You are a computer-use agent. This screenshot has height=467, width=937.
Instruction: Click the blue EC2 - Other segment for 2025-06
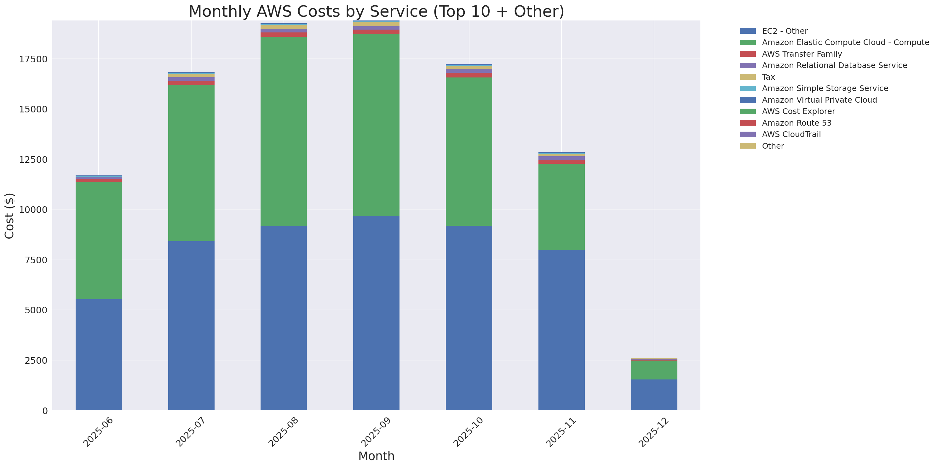(99, 354)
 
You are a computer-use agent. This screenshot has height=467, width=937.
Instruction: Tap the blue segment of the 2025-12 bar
(654, 395)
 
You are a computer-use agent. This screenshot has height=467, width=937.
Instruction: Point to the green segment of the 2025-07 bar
(191, 163)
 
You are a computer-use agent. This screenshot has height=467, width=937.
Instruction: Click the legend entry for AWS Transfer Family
(802, 54)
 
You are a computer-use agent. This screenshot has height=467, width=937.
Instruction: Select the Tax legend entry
(768, 77)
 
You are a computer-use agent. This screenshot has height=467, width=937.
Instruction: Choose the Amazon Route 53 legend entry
(796, 123)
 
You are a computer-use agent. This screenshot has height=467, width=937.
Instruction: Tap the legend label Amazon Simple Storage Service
(825, 88)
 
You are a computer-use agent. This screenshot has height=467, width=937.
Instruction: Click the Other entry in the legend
(773, 146)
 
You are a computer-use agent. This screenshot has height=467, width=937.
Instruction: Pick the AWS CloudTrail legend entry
(791, 134)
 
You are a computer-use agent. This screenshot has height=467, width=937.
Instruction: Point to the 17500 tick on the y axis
(33, 59)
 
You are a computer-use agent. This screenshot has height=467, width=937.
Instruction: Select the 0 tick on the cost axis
(45, 411)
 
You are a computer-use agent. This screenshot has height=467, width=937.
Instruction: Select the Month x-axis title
(376, 456)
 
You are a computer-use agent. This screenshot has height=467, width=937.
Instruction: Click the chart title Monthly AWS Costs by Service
(376, 11)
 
